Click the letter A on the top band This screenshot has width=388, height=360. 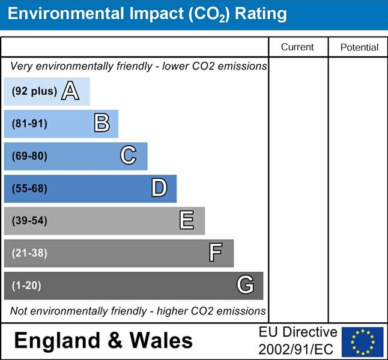pyautogui.click(x=70, y=91)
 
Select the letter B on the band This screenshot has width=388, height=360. pyautogui.click(x=102, y=124)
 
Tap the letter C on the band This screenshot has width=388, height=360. pyautogui.click(x=128, y=156)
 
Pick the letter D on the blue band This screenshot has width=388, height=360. pyautogui.click(x=159, y=188)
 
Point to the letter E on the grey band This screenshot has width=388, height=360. pyautogui.click(x=187, y=221)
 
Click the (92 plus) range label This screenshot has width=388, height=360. pyautogui.click(x=34, y=92)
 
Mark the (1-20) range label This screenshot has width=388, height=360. pyautogui.click(x=26, y=286)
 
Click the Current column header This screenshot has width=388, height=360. pyautogui.click(x=297, y=47)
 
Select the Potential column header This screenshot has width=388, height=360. pyautogui.click(x=359, y=47)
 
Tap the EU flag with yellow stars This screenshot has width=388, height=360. pyautogui.click(x=362, y=341)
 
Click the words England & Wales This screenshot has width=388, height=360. pyautogui.click(x=103, y=341)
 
